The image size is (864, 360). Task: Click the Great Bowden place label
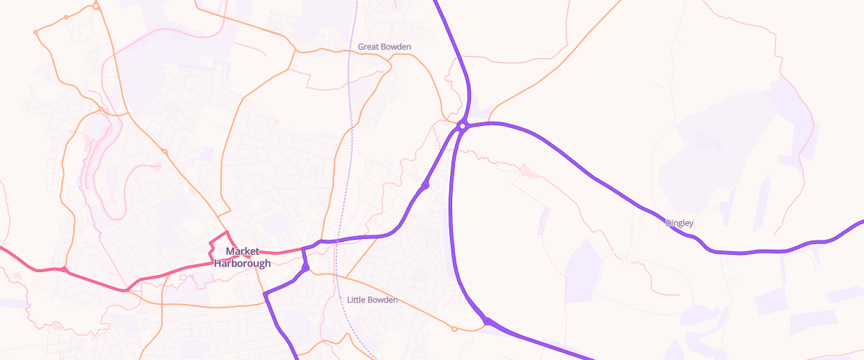tap(384, 47)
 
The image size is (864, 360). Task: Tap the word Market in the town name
tap(242, 251)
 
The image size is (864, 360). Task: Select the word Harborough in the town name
tap(242, 263)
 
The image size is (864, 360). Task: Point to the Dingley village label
tap(679, 223)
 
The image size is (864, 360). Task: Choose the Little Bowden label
tap(372, 300)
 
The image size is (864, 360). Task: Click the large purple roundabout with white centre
tap(463, 126)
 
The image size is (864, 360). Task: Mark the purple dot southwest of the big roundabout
tap(425, 186)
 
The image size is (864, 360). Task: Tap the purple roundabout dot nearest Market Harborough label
tap(305, 268)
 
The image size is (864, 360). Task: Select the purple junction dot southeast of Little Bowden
tap(487, 321)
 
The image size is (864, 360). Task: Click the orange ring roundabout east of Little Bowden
tap(454, 329)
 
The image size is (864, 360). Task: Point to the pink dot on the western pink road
tap(64, 270)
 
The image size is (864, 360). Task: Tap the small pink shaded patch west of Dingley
tap(530, 171)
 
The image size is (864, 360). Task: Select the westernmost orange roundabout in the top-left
tap(35, 32)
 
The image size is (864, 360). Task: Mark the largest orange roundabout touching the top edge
tap(96, 6)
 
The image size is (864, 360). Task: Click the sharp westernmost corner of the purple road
tap(266, 294)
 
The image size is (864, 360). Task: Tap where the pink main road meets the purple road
tap(303, 249)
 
